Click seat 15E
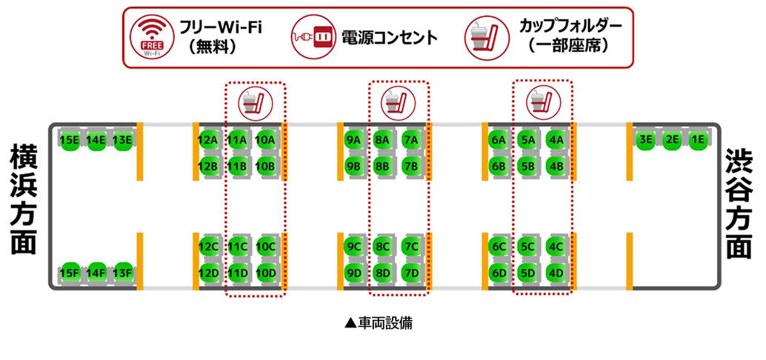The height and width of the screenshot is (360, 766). click(70, 139)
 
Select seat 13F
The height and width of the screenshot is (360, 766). click(122, 273)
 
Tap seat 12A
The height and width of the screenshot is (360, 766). click(208, 139)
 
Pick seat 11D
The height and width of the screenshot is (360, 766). click(238, 273)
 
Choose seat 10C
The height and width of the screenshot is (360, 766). click(265, 246)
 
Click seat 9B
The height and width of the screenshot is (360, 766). click(353, 166)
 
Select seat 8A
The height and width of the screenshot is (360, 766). click(382, 139)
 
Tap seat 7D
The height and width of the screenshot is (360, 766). click(410, 273)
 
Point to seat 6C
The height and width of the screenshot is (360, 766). click(499, 246)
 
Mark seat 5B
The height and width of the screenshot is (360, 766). click(527, 166)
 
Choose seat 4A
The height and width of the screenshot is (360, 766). click(556, 139)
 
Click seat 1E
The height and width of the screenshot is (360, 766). click(697, 139)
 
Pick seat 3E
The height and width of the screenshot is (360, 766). click(645, 139)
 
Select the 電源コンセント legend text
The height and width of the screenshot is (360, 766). click(389, 37)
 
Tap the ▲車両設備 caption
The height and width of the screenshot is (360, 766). click(383, 324)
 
